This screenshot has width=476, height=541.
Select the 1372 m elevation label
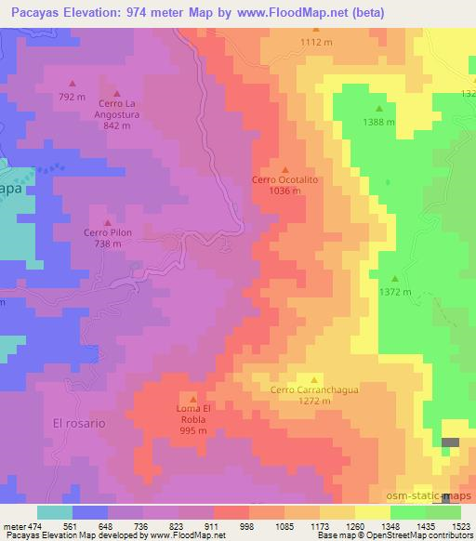(x=395, y=291)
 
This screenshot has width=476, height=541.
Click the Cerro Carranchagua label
(x=314, y=390)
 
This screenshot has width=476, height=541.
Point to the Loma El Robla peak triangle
(x=192, y=398)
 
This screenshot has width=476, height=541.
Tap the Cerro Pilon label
(x=108, y=233)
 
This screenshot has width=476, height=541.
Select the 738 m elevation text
(x=108, y=244)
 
